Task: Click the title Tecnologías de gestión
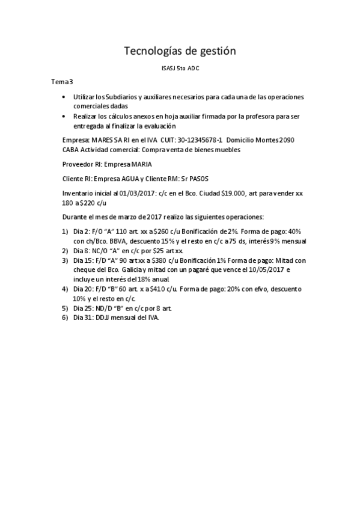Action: [x=180, y=52]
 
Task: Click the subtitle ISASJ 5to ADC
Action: [x=180, y=69]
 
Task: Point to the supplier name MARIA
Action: [x=139, y=163]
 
